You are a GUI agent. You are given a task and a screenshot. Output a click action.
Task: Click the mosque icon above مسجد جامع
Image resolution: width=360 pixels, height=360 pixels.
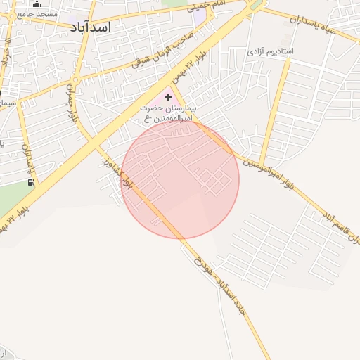37,4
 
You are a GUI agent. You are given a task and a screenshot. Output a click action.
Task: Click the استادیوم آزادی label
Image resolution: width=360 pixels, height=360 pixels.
270,52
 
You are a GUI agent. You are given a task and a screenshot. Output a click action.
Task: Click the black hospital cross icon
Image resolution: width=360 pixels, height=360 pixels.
167,96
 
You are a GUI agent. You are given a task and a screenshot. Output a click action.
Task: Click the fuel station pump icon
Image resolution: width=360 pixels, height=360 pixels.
31,183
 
